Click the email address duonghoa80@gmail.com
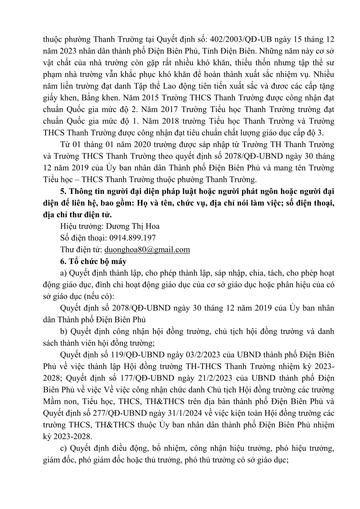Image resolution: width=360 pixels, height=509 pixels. tap(147, 250)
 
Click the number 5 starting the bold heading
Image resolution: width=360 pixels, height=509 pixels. tap(62, 191)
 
